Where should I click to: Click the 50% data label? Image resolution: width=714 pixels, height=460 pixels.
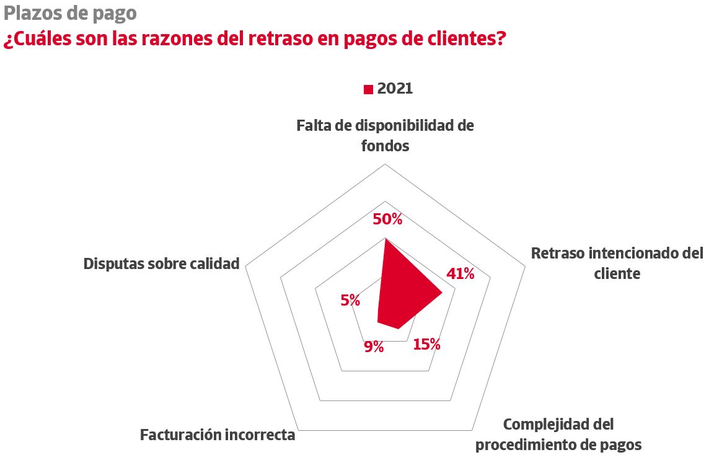click(x=387, y=219)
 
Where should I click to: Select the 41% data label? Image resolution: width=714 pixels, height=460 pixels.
click(x=460, y=274)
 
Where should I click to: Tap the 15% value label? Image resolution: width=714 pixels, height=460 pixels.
click(x=426, y=345)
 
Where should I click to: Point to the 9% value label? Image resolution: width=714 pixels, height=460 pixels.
click(x=374, y=347)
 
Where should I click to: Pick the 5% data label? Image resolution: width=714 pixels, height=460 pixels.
click(x=350, y=301)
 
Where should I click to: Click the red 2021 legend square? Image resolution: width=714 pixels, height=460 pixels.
click(x=368, y=89)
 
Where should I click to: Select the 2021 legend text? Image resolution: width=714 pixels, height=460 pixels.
click(x=395, y=89)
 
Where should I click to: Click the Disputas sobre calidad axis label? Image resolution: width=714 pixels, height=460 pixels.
click(x=161, y=263)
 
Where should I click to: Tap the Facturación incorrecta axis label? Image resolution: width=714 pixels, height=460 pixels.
click(x=218, y=435)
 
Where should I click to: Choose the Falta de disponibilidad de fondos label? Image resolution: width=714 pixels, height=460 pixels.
click(x=385, y=136)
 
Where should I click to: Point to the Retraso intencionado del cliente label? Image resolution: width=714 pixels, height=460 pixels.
click(x=617, y=263)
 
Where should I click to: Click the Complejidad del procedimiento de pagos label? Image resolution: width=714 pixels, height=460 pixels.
click(x=558, y=435)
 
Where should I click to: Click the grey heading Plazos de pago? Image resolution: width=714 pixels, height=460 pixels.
click(x=69, y=12)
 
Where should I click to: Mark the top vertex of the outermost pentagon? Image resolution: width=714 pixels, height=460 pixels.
click(x=385, y=164)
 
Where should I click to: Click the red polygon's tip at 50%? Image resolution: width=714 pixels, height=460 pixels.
click(x=385, y=239)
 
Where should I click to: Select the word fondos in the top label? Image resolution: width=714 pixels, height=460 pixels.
click(x=385, y=146)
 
